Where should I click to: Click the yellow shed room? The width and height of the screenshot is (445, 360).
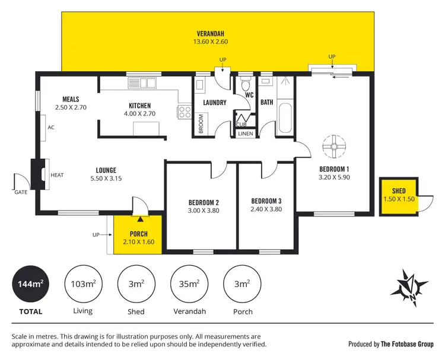click(399, 195)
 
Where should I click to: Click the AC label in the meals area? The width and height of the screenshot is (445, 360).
click(50, 128)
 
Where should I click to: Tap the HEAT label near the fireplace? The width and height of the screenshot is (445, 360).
click(57, 175)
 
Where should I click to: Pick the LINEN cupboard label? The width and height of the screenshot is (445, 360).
click(245, 134)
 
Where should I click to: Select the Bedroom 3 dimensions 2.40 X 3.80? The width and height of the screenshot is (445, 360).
click(266, 209)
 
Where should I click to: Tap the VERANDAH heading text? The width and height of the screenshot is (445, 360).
click(211, 33)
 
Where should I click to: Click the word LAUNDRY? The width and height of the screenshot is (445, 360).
click(214, 103)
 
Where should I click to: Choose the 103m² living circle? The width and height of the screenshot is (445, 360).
click(82, 284)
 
